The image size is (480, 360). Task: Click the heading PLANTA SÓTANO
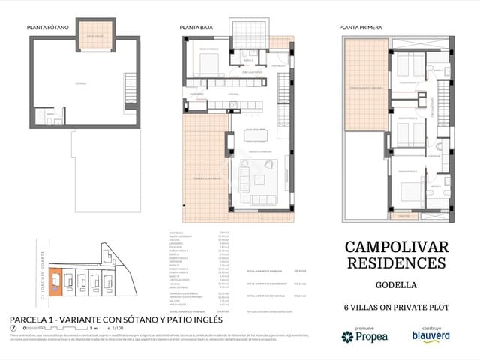(x=48, y=28)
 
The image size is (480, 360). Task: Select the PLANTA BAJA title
(x=196, y=28)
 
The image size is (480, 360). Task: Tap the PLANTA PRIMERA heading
(x=361, y=28)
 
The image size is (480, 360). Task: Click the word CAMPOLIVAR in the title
(x=395, y=247)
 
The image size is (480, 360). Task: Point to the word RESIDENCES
(x=395, y=262)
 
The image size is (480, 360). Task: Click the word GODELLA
(x=395, y=286)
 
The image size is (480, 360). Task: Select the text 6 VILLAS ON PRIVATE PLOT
(x=395, y=306)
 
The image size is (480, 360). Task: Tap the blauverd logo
(x=430, y=337)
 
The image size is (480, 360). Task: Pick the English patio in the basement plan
(x=94, y=34)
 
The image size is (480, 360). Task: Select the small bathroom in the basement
(x=50, y=115)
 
